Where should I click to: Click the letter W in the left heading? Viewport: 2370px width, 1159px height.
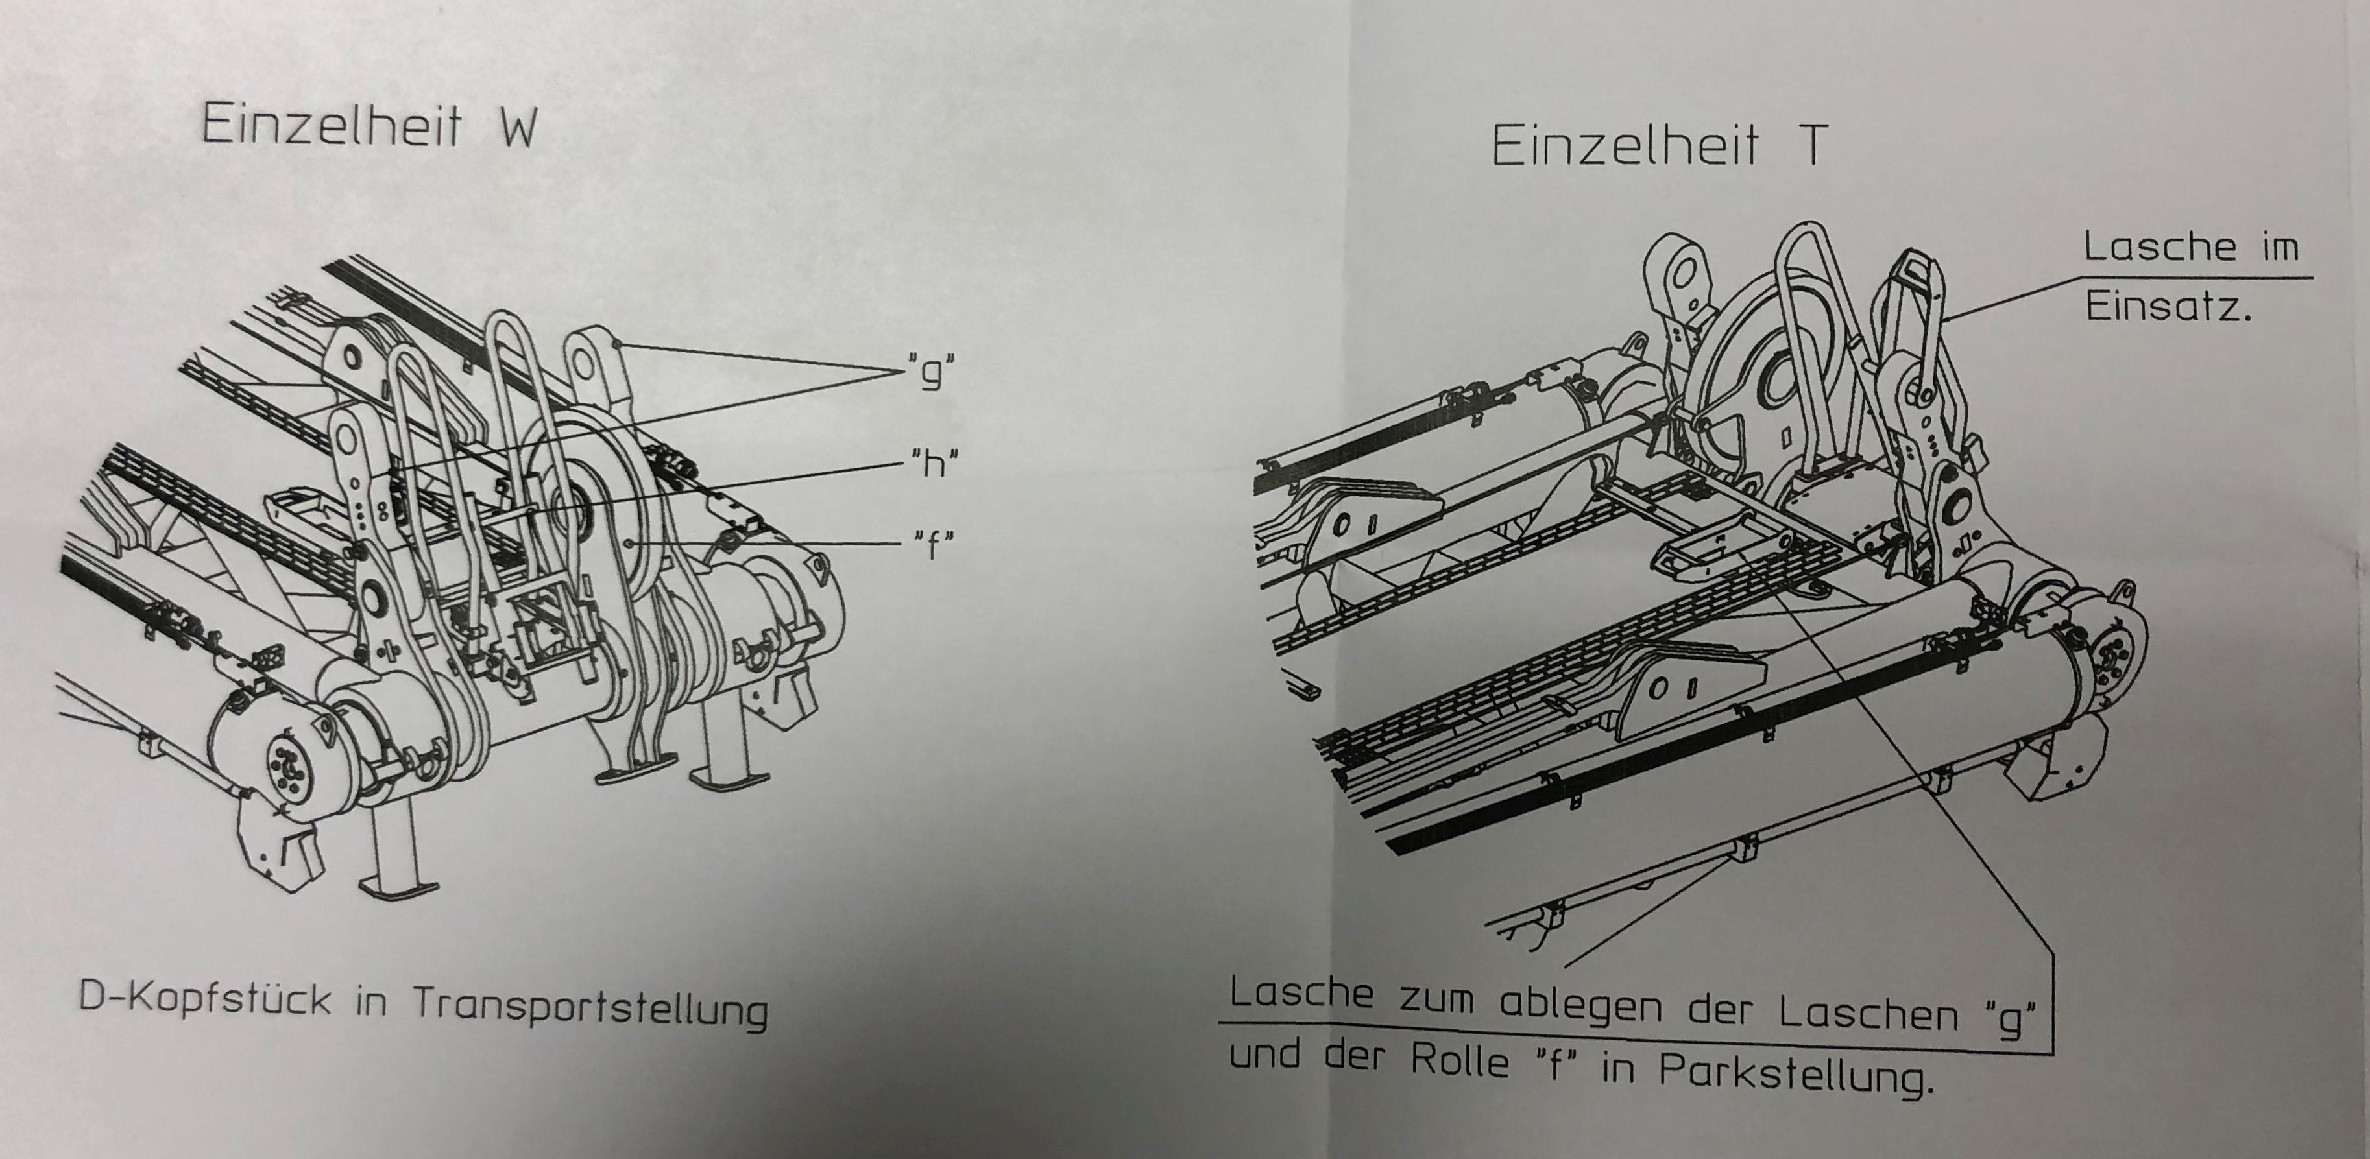pyautogui.click(x=518, y=127)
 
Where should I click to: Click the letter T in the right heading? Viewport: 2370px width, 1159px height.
pyautogui.click(x=1811, y=145)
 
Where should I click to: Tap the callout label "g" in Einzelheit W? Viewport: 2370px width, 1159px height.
pyautogui.click(x=930, y=372)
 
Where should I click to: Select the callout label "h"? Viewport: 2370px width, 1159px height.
pyautogui.click(x=933, y=462)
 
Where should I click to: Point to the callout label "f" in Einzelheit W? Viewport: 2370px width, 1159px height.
pyautogui.click(x=933, y=544)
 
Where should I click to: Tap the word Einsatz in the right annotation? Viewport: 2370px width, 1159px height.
pyautogui.click(x=2167, y=305)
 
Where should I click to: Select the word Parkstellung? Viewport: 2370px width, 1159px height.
pyautogui.click(x=1791, y=1073)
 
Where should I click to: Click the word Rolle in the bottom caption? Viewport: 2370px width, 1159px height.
pyautogui.click(x=1460, y=1060)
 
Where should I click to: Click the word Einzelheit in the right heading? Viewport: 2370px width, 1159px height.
pyautogui.click(x=1624, y=145)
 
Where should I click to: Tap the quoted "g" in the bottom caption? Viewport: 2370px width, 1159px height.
pyautogui.click(x=2011, y=1016)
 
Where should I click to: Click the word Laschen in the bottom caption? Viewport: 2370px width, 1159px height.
pyautogui.click(x=1870, y=1012)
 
